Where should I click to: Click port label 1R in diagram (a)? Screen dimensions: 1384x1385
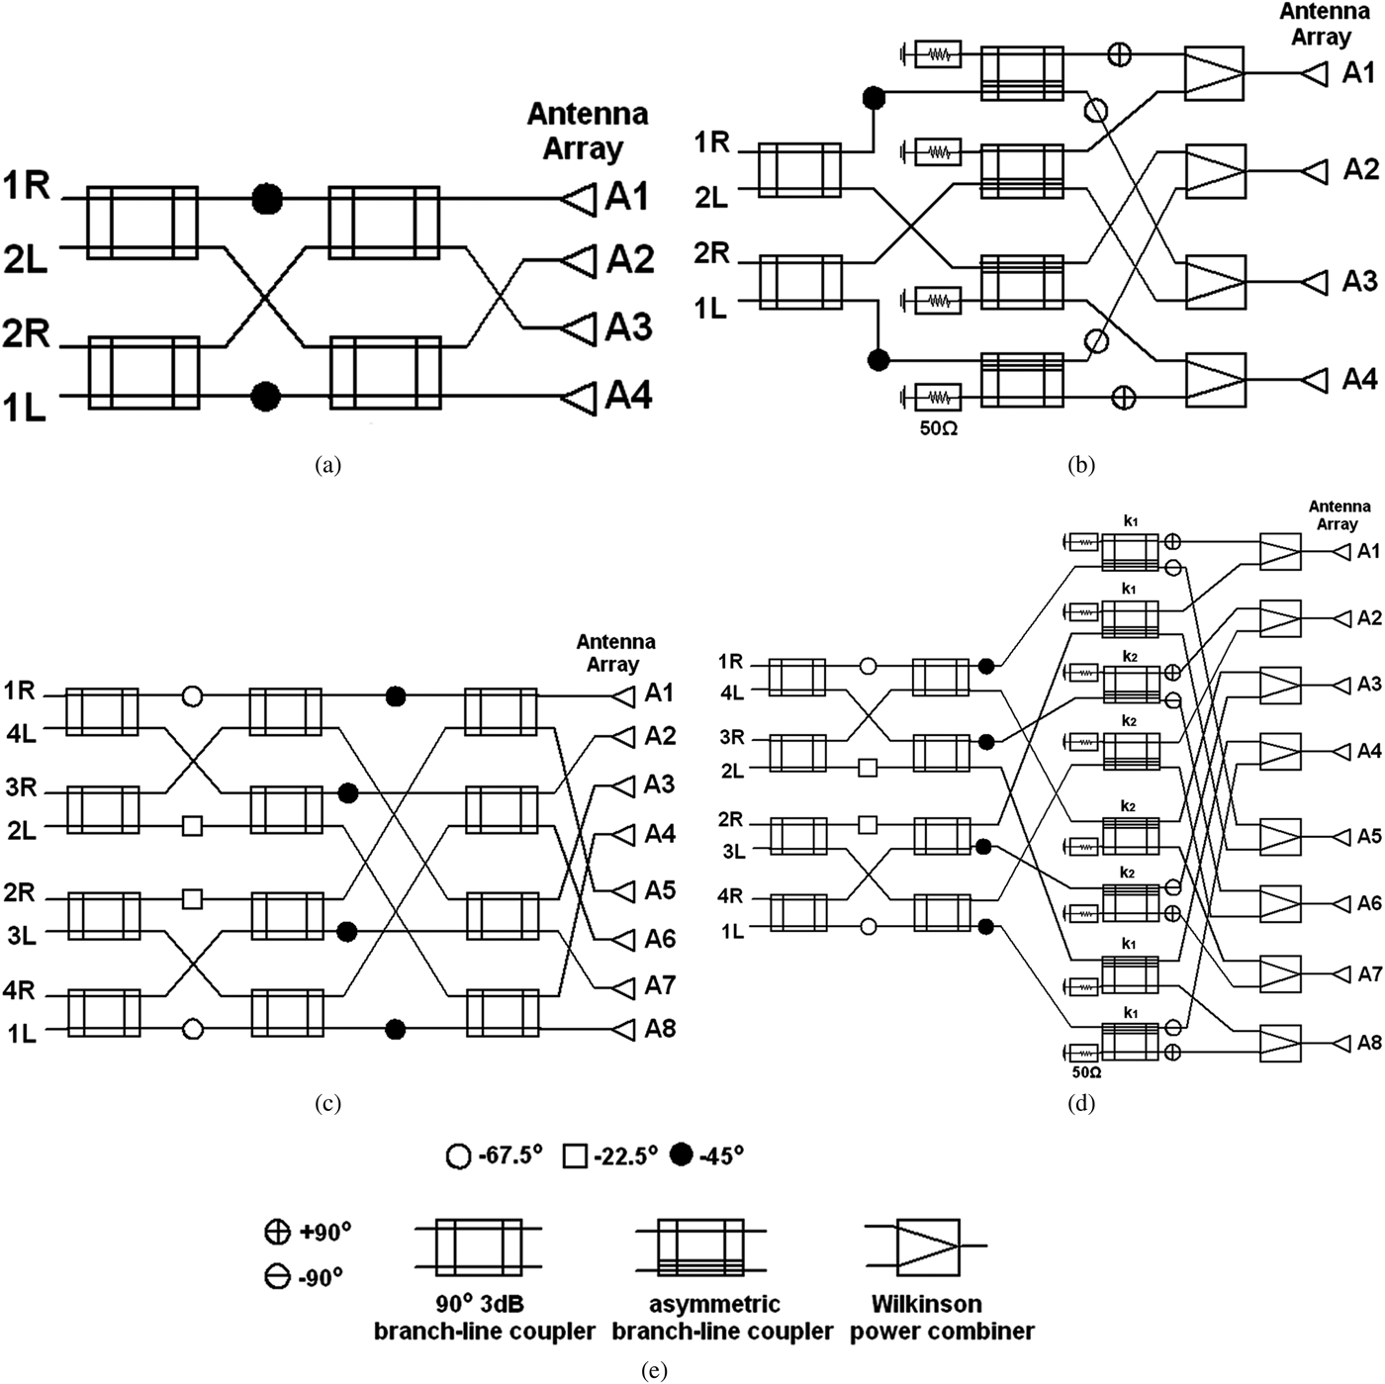27,185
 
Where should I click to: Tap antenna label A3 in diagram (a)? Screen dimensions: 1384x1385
629,326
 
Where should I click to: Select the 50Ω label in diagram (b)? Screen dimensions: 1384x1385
938,429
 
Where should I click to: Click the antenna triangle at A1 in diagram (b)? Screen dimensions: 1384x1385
1314,73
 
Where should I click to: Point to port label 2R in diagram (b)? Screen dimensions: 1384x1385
710,253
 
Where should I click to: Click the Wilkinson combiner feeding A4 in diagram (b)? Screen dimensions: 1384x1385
1215,380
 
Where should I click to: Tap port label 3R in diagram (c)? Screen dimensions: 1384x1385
21,788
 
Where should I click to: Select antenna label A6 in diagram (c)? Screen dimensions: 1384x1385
660,938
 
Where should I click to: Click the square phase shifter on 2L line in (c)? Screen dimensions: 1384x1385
193,825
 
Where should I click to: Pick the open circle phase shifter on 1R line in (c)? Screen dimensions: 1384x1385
193,697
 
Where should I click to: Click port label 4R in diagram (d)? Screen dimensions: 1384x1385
730,896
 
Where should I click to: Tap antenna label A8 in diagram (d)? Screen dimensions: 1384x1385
1369,1043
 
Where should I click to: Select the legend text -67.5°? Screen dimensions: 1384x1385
508,1155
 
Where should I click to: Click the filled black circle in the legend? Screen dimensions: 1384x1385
681,1155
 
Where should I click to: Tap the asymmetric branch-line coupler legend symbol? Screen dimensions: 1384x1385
701,1248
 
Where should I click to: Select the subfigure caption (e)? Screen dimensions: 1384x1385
654,1370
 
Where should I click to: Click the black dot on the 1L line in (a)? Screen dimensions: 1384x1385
265,397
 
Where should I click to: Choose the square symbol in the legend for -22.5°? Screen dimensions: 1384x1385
575,1155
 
